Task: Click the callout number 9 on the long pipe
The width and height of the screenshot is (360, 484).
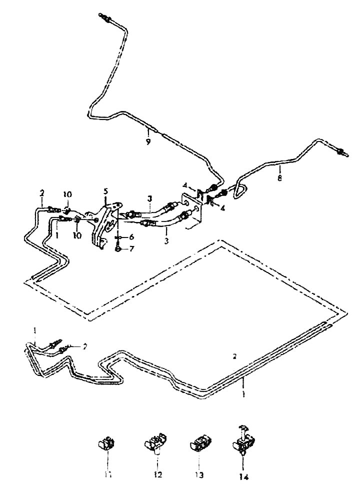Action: [x=148, y=142]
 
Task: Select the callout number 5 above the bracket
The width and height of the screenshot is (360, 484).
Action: [x=105, y=191]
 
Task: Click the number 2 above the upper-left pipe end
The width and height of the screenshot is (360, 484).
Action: [x=42, y=192]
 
